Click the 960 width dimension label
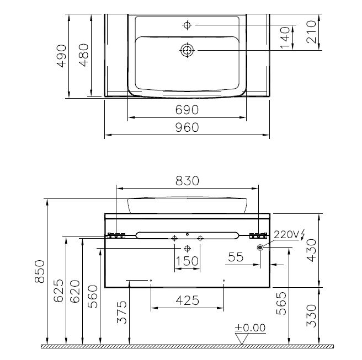(187, 127)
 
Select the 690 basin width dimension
(187, 110)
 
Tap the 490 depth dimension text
(62, 56)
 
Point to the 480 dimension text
(84, 55)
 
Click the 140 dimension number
(285, 37)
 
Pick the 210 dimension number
(311, 32)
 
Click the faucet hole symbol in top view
(187, 25)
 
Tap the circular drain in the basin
(187, 50)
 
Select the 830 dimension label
(187, 181)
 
